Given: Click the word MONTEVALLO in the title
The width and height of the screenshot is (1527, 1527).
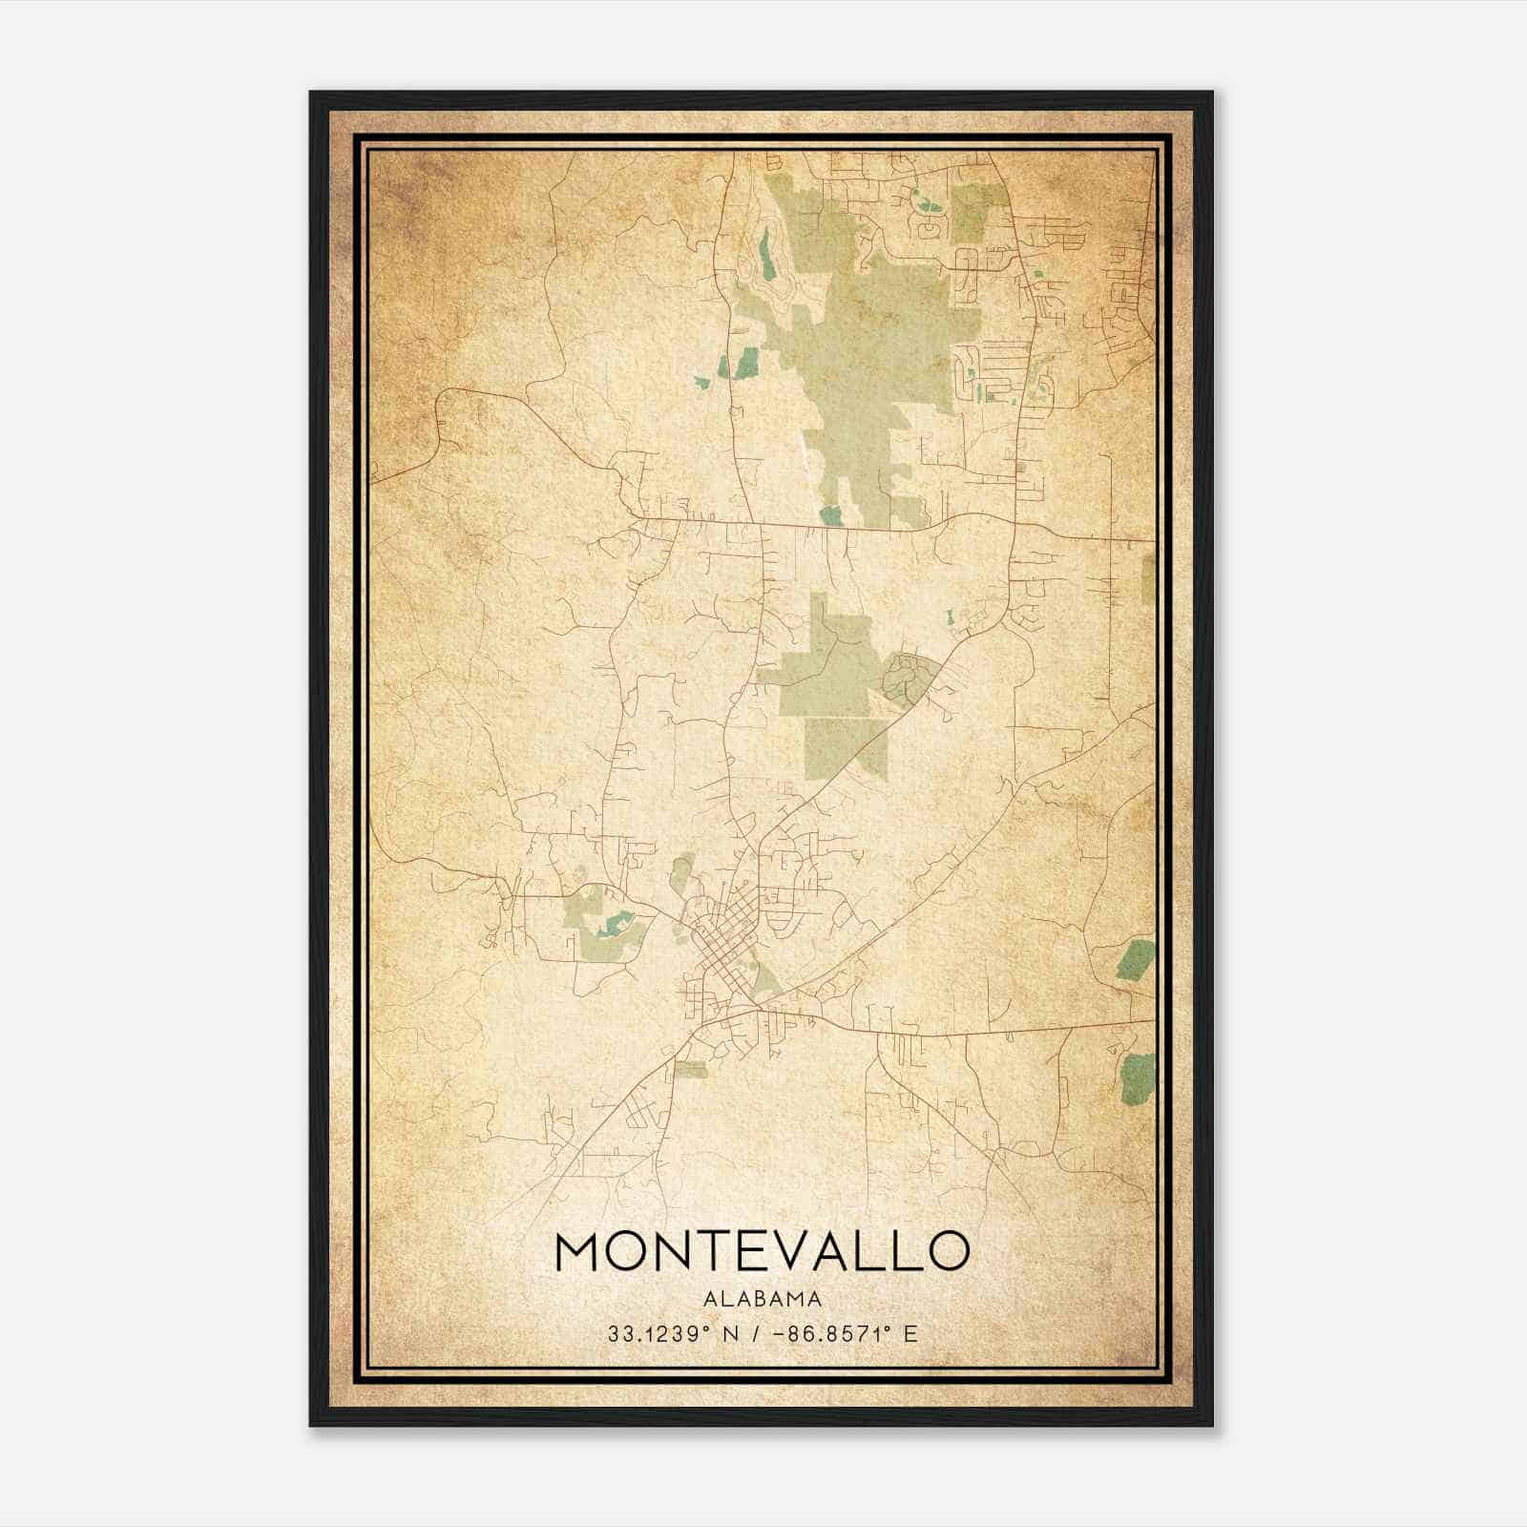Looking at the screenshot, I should point(762,1251).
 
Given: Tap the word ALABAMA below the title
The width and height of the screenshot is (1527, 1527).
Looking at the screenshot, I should point(762,1299).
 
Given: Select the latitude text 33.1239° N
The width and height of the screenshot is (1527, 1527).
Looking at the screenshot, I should point(665,1333).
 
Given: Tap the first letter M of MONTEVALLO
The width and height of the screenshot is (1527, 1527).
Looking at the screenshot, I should point(576,1251).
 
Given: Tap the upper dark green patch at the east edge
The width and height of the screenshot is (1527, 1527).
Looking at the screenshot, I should point(1136,959).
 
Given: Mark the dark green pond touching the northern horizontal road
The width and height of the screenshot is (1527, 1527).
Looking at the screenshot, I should point(831,516).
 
